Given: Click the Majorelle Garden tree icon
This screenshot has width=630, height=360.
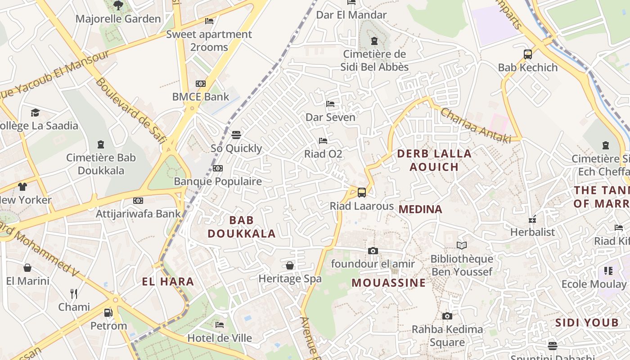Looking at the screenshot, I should [x=118, y=5].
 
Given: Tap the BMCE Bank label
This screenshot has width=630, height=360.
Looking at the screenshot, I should [x=201, y=97].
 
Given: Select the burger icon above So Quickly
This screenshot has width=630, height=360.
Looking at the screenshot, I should [x=236, y=135].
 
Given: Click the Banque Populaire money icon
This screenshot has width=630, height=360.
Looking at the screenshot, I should [x=218, y=168].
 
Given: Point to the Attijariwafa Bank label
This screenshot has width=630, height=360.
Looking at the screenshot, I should [x=138, y=213].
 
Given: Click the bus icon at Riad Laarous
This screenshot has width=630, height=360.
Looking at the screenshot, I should [x=362, y=193].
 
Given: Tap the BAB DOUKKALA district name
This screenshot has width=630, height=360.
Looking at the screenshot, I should [x=242, y=227].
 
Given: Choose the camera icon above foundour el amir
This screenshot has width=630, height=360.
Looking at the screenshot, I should [x=373, y=251].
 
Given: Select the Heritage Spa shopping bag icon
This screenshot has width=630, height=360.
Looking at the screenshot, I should [x=290, y=265].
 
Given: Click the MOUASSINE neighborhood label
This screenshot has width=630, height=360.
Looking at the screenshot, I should [x=388, y=283].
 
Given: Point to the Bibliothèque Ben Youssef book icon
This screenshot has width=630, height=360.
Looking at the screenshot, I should [x=462, y=245].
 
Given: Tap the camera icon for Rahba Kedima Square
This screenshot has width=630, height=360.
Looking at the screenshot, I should [x=447, y=316].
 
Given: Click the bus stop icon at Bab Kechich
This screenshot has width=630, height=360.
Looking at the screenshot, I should [x=528, y=54].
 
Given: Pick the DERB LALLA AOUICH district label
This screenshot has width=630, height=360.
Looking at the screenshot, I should [x=434, y=160].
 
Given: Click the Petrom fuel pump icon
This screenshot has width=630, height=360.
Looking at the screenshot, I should [x=108, y=312].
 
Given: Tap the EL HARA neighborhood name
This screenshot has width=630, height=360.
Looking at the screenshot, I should [x=168, y=282].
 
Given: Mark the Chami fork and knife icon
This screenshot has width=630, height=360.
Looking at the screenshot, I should [x=74, y=294].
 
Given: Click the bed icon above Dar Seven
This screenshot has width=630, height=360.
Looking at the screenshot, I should [x=330, y=104].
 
